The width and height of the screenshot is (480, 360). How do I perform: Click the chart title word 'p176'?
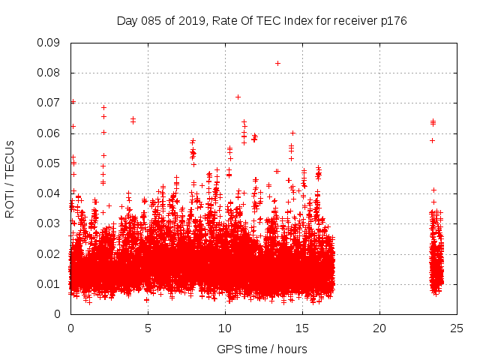[x=392, y=21]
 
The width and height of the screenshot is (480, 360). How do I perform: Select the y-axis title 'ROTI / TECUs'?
[x=10, y=178]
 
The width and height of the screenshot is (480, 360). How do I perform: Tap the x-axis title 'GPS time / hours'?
[x=262, y=349]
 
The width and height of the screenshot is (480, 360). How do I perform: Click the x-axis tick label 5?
[x=148, y=328]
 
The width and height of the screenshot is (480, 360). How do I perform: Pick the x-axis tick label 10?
[x=225, y=328]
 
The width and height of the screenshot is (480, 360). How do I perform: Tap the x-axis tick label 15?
[x=302, y=328]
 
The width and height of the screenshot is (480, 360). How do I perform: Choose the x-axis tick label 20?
[x=379, y=328]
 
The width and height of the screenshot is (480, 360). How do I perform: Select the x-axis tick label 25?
[x=457, y=328]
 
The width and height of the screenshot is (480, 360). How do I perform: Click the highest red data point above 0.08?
[x=278, y=63]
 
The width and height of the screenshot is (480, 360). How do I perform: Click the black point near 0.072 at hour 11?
[x=238, y=97]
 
